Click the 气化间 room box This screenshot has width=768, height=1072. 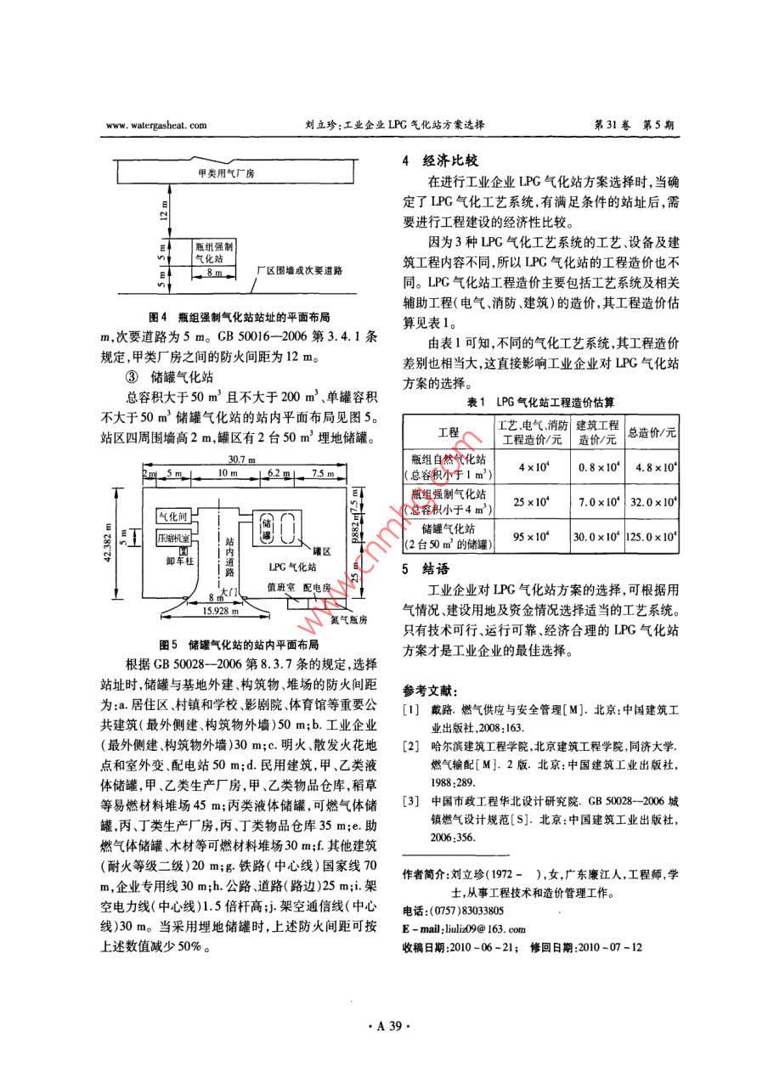coord(172,516)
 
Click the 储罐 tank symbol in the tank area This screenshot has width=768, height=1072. coord(266,528)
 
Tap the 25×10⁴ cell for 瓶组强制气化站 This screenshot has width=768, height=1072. coord(531,501)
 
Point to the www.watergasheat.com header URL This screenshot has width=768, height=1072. coord(157,124)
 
